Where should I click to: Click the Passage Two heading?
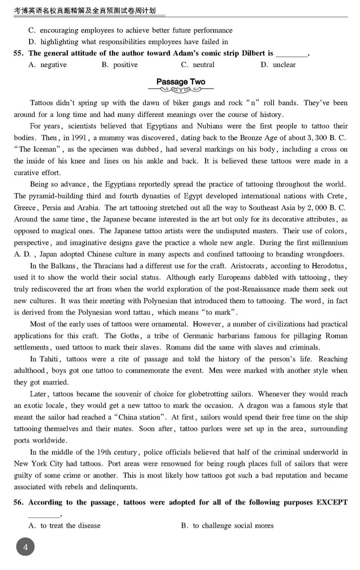click(181, 82)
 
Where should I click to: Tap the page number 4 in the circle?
click(26, 548)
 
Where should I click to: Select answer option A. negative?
click(47, 65)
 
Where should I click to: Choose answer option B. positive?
click(119, 65)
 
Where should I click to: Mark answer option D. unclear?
click(278, 65)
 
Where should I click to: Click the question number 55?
click(19, 53)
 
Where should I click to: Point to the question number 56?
click(19, 502)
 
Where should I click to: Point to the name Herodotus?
click(329, 266)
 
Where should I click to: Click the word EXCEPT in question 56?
click(332, 502)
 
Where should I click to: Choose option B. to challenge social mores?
click(227, 525)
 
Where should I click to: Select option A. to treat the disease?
click(64, 525)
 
